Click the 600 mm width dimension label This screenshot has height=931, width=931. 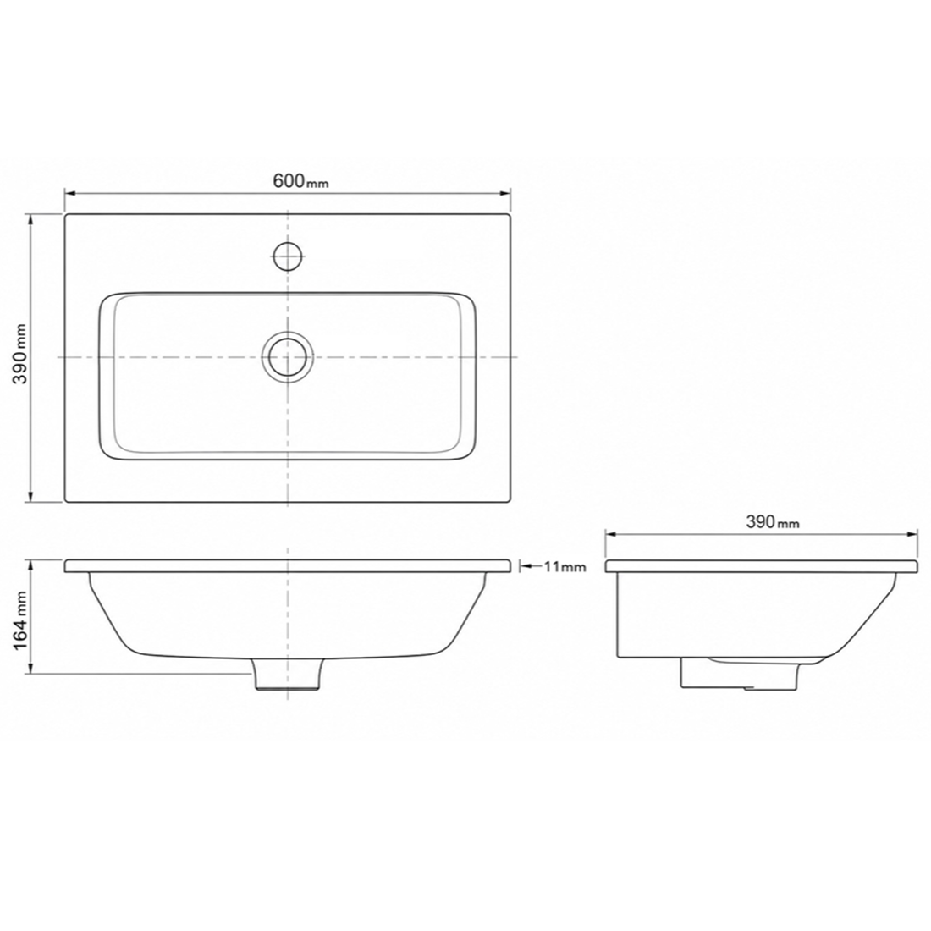click(x=300, y=180)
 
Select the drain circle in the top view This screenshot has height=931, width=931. click(x=288, y=357)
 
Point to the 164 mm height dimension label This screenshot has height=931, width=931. click(x=21, y=620)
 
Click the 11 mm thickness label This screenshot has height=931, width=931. click(x=565, y=566)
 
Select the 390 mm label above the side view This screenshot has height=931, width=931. click(x=773, y=522)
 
